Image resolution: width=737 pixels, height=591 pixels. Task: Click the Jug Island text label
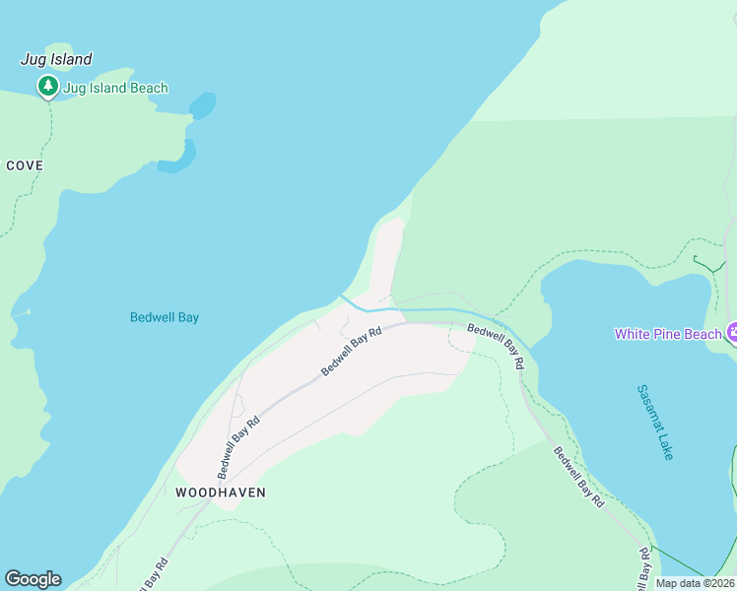(x=56, y=59)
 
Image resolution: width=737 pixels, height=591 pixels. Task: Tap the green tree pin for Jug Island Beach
(x=47, y=87)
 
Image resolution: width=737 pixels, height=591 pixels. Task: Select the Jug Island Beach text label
(x=115, y=88)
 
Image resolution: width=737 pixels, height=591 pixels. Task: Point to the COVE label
(x=25, y=165)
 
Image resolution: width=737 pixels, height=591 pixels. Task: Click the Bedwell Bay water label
(x=165, y=317)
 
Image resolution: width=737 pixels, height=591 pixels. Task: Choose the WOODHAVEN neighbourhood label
(x=221, y=492)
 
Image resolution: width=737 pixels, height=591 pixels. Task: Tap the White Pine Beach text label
(x=668, y=334)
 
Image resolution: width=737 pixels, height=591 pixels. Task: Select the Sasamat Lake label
(x=654, y=422)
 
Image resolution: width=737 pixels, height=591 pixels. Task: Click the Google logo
(x=33, y=579)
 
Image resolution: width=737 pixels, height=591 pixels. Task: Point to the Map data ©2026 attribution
(x=696, y=583)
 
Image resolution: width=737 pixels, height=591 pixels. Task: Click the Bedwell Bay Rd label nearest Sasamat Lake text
(x=578, y=478)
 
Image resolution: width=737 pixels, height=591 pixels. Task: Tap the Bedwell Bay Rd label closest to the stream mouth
(x=351, y=352)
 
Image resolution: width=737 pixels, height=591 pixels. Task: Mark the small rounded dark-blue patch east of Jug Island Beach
(x=202, y=104)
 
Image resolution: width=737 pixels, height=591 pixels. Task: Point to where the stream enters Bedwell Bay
(x=342, y=295)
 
